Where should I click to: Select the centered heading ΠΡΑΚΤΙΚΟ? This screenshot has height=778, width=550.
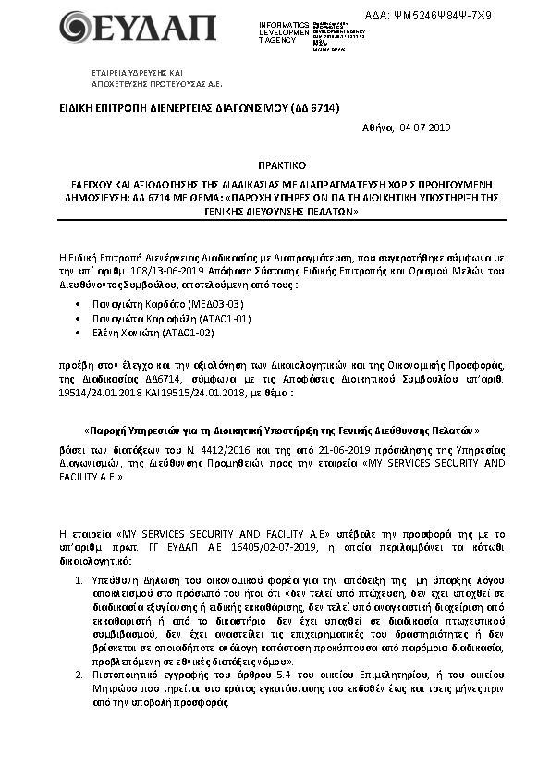(274, 160)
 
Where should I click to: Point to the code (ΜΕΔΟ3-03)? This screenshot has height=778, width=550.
(215, 302)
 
